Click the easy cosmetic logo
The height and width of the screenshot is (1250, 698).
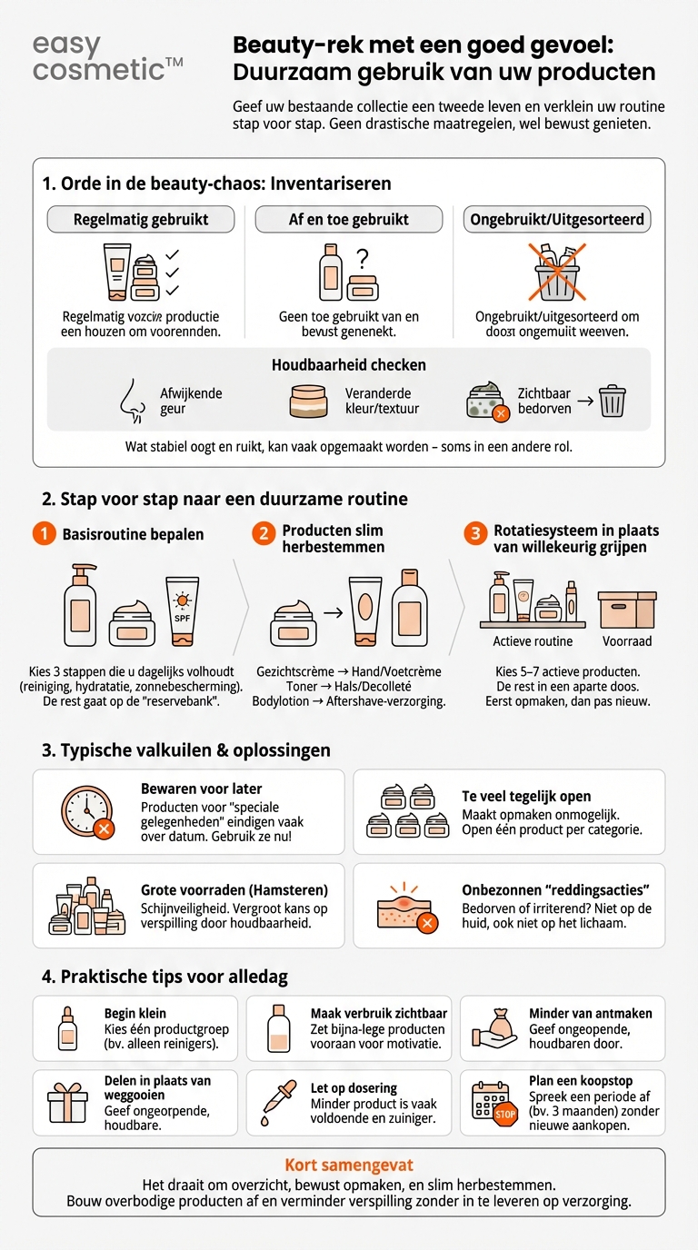[x=107, y=58]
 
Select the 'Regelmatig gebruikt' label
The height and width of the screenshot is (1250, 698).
[x=141, y=219]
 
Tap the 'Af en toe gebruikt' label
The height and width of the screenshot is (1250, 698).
[x=349, y=219]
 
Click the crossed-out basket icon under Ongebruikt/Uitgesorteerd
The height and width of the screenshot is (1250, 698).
[x=557, y=270]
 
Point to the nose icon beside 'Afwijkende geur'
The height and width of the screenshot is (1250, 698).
[x=133, y=402]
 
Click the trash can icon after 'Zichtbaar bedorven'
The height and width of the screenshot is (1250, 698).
[x=612, y=401]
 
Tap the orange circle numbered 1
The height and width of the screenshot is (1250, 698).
[x=44, y=534]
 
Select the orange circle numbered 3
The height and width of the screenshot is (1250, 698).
[x=474, y=534]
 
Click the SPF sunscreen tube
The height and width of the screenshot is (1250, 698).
[x=182, y=610]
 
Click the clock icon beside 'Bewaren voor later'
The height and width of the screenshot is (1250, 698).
[x=87, y=811]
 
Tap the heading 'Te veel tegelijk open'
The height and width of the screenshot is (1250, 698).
[x=526, y=797]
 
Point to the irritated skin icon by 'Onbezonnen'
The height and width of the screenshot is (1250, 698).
[x=407, y=907]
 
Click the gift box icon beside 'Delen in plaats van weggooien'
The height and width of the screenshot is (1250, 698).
[x=68, y=1104]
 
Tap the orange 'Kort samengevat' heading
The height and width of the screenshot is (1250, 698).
[x=349, y=1166]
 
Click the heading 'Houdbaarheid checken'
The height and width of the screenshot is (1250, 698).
[x=349, y=365]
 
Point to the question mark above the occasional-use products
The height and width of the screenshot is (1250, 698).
[x=362, y=257]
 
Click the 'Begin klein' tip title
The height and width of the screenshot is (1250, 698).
[x=135, y=1013]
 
